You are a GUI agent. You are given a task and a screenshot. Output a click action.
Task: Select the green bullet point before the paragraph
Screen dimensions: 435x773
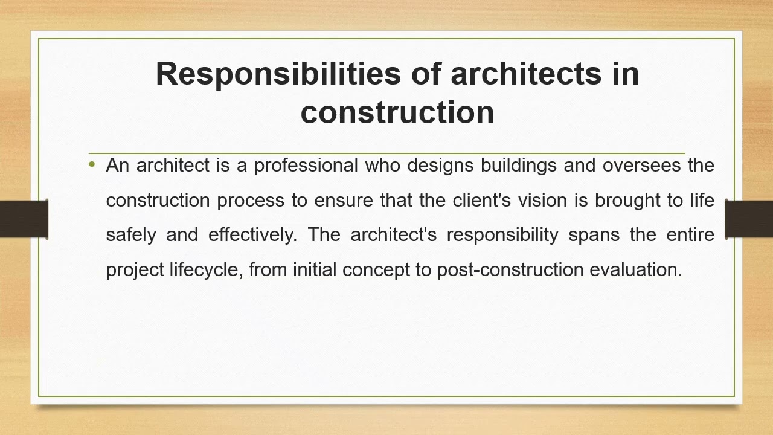click(x=92, y=164)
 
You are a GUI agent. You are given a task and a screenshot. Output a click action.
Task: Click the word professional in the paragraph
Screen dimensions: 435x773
click(x=306, y=166)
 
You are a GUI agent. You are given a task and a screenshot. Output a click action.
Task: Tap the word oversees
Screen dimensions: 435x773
click(x=641, y=166)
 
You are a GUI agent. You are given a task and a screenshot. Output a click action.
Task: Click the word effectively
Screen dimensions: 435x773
click(x=252, y=234)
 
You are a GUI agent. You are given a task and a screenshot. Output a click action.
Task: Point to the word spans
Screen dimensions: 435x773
click(x=594, y=235)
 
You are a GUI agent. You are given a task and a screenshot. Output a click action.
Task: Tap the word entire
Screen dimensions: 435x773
click(x=690, y=234)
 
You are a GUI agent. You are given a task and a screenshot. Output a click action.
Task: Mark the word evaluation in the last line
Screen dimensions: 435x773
click(x=635, y=269)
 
